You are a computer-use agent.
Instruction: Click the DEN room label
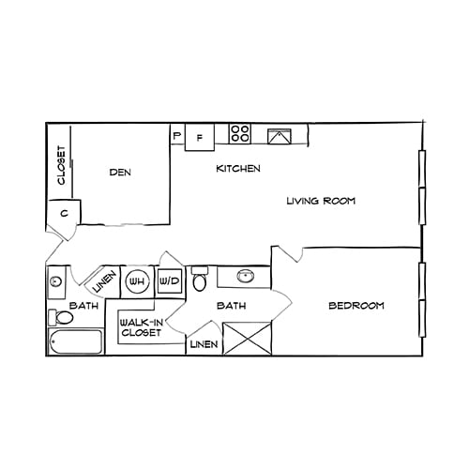click(x=119, y=172)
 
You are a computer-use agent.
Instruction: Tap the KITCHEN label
click(x=238, y=169)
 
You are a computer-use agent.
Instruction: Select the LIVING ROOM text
click(x=321, y=201)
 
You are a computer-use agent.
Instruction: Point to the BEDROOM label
click(x=356, y=306)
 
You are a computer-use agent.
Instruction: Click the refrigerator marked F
click(x=199, y=137)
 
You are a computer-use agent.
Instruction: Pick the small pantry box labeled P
click(x=177, y=136)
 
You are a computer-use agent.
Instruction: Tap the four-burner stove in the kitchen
click(x=240, y=134)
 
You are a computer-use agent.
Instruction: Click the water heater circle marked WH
click(x=137, y=280)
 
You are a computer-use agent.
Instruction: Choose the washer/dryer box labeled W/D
click(x=169, y=280)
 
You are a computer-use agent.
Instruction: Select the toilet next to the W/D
click(x=199, y=281)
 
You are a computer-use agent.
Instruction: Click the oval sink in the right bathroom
click(x=247, y=277)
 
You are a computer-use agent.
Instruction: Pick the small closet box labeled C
click(x=64, y=213)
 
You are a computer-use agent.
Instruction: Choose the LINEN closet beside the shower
click(x=204, y=345)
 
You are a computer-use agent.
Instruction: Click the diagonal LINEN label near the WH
click(x=104, y=280)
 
